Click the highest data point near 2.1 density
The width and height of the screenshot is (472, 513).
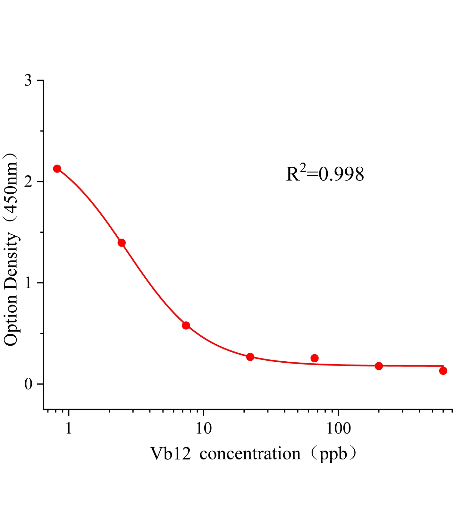point(57,169)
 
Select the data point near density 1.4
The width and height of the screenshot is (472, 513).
point(122,243)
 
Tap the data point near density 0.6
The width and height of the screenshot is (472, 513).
point(186,325)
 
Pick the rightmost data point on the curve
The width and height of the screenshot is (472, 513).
point(443,371)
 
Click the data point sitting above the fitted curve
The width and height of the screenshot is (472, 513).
point(315,358)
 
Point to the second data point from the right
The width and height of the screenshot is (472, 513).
point(379,366)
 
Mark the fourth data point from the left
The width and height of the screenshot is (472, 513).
point(250,357)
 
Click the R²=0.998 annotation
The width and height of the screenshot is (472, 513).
point(325,174)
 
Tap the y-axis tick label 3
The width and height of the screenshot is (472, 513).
point(29,80)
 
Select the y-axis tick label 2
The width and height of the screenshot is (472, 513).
point(29,182)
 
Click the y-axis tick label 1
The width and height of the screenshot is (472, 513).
point(29,283)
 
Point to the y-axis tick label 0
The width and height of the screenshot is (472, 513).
point(29,384)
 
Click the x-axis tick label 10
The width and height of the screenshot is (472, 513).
point(204,428)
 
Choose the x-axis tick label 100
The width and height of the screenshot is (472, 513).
point(339,428)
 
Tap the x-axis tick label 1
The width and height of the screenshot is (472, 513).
point(68,428)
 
